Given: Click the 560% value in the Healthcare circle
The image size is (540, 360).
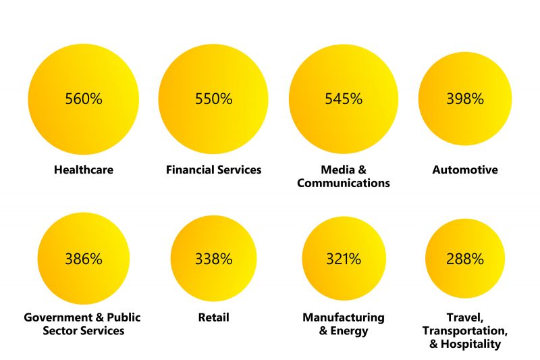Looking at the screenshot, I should coord(84,99).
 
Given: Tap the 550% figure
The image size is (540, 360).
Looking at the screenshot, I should coord(213,99).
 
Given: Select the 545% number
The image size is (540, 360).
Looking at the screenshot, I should coord(344,99).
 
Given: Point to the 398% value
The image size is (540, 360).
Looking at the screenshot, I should coord(465,99).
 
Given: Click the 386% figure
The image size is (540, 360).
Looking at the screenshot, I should coord(84,259).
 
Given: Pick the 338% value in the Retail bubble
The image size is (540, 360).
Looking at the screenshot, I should coord(213,259).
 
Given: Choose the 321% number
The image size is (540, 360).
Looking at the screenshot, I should coord(344,259).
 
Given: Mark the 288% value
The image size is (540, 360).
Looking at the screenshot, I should coord(465,259).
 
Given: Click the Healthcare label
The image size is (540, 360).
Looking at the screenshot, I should coord(84,170).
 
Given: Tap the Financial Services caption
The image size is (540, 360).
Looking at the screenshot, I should coord(213,170).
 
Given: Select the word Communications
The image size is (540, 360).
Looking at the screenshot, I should coord(344,183).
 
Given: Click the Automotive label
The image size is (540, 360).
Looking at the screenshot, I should coord(465,170).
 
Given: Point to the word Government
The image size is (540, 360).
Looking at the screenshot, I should coord(56,317).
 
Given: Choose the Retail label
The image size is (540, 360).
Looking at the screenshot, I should coord(213,317).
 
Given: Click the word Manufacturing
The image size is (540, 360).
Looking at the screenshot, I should coord(344,317).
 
